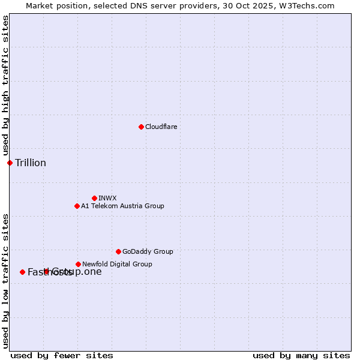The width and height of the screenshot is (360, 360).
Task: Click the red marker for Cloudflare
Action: pyautogui.click(x=141, y=127)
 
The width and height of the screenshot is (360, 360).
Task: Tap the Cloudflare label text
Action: pyautogui.click(x=161, y=127)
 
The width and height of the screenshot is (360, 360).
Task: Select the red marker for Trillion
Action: pyautogui.click(x=10, y=163)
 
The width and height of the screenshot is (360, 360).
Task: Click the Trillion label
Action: pyautogui.click(x=31, y=163)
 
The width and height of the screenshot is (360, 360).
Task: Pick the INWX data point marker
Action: pyautogui.click(x=94, y=198)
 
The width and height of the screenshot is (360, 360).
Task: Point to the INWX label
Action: pyautogui.click(x=107, y=198)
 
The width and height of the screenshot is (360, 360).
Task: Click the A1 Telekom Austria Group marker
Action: pyautogui.click(x=77, y=206)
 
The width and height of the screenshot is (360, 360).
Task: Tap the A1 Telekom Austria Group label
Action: pyautogui.click(x=122, y=206)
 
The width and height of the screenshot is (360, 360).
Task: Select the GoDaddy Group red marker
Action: pyautogui.click(x=118, y=251)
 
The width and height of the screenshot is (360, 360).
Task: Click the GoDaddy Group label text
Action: pyautogui.click(x=148, y=251)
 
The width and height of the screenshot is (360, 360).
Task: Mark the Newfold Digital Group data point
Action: pyautogui.click(x=78, y=264)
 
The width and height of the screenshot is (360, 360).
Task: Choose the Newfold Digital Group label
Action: pyautogui.click(x=117, y=264)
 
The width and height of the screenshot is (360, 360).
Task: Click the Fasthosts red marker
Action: pyautogui.click(x=22, y=272)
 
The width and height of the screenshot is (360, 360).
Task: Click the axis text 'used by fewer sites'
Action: pyautogui.click(x=62, y=355)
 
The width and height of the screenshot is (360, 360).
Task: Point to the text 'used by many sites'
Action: pyautogui.click(x=301, y=355)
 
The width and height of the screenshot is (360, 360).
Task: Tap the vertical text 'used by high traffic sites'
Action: pyautogui.click(x=6, y=86)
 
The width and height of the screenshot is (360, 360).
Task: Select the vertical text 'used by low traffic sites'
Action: pyautogui.click(x=6, y=281)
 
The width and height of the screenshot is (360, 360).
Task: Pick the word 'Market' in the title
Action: pyautogui.click(x=40, y=5)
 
